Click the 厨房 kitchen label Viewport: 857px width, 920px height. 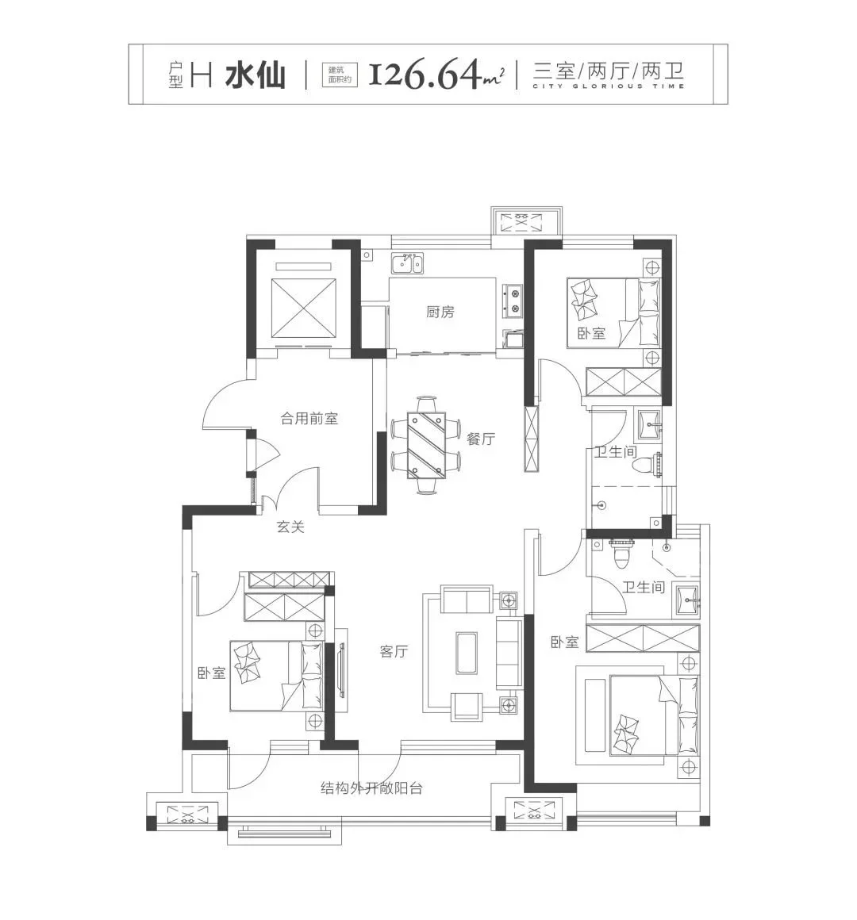(x=440, y=312)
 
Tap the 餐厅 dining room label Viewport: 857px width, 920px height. (x=481, y=439)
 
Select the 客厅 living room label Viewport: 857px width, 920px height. (x=394, y=650)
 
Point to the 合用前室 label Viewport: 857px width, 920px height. (x=309, y=418)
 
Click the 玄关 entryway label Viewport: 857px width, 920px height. (x=290, y=527)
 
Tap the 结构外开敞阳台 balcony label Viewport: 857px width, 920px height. (x=371, y=788)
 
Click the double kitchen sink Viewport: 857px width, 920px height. (x=407, y=263)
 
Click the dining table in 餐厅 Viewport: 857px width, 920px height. (x=427, y=445)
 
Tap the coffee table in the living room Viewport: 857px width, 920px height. (x=467, y=654)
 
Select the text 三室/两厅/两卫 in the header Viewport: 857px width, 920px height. (x=609, y=71)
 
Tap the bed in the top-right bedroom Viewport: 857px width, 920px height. (x=613, y=313)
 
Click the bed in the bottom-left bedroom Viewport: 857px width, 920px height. (x=276, y=676)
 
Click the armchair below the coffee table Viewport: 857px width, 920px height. (x=467, y=707)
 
